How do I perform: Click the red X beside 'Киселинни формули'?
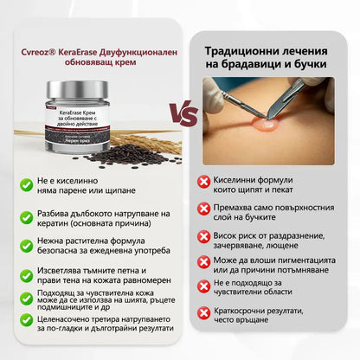click(203, 181)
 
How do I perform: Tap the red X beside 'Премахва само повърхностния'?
click(203, 209)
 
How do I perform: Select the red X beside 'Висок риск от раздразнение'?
click(203, 235)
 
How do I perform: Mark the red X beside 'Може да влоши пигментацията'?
click(203, 261)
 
